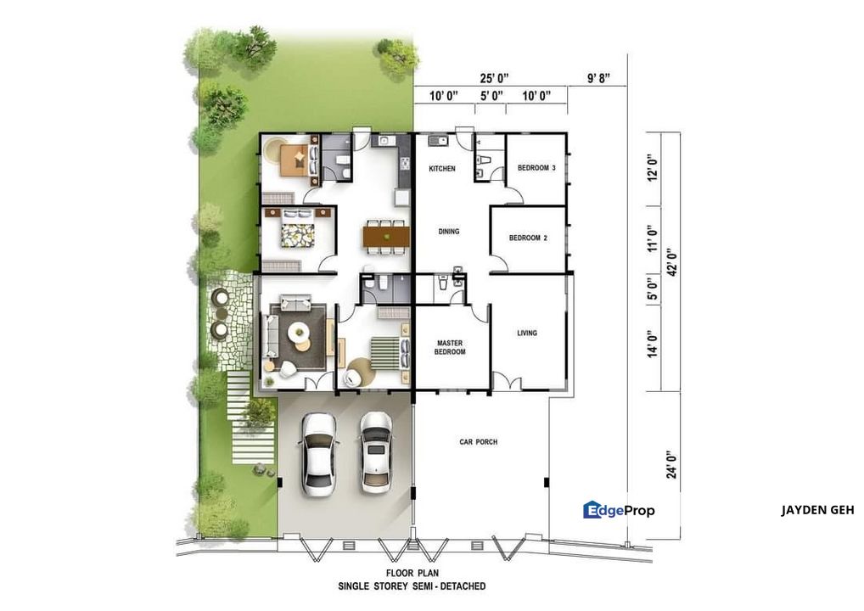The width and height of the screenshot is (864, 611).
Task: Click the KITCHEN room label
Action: pyautogui.click(x=442, y=169)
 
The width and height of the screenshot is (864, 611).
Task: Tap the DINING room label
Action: pyautogui.click(x=448, y=232)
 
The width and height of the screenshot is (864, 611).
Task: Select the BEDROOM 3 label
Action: pyautogui.click(x=536, y=167)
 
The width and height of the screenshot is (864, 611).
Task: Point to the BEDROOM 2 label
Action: pyautogui.click(x=528, y=238)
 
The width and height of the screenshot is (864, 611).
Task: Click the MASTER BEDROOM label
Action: pyautogui.click(x=450, y=347)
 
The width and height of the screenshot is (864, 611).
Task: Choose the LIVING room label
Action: pyautogui.click(x=527, y=333)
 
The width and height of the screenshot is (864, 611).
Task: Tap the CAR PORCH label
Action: pyautogui.click(x=479, y=442)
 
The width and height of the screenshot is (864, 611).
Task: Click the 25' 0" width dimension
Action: pyautogui.click(x=494, y=78)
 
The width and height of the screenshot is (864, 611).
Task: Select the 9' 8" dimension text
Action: pyautogui.click(x=598, y=78)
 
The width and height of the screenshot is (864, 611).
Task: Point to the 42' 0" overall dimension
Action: pyautogui.click(x=671, y=262)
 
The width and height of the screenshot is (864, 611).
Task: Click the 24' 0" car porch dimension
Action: pyautogui.click(x=671, y=464)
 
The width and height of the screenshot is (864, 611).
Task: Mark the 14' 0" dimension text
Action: pyautogui.click(x=653, y=343)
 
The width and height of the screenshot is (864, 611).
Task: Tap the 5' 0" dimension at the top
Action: pyautogui.click(x=491, y=97)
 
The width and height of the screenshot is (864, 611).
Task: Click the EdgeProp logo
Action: pyautogui.click(x=620, y=510)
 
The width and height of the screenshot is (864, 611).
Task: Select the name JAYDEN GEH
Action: pyautogui.click(x=817, y=510)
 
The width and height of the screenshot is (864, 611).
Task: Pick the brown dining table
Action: pyautogui.click(x=386, y=238)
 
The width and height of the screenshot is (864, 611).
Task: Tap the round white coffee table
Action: pyautogui.click(x=299, y=332)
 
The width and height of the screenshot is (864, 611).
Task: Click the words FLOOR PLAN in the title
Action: pyautogui.click(x=412, y=574)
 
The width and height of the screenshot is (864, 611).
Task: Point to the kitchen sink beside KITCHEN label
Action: pyautogui.click(x=438, y=141)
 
